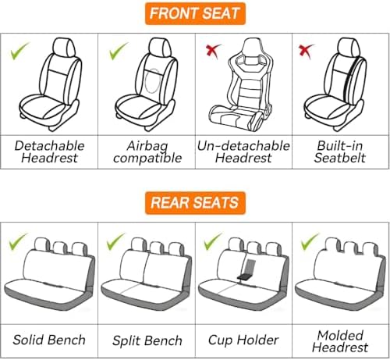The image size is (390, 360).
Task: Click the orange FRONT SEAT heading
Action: (195, 13)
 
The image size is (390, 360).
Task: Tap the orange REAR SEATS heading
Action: (195, 203)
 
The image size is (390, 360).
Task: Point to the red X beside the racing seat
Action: (213, 51)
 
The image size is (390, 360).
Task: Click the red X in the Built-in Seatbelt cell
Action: (307, 51)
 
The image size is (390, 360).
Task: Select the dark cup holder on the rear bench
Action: (247, 269)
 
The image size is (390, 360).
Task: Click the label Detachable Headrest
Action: (49, 151)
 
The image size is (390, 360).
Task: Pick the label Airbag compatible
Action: (147, 152)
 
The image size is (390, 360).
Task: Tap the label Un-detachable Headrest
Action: (243, 151)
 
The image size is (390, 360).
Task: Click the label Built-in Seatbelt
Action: (340, 151)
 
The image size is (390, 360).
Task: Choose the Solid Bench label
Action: (49, 340)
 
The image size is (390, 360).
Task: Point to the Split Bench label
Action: (147, 340)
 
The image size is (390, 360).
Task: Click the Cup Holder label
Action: (243, 340)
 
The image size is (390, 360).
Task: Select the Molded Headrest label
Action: (340, 341)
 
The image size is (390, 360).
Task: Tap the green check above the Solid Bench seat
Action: (17, 241)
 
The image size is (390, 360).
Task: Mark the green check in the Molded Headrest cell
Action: (310, 241)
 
